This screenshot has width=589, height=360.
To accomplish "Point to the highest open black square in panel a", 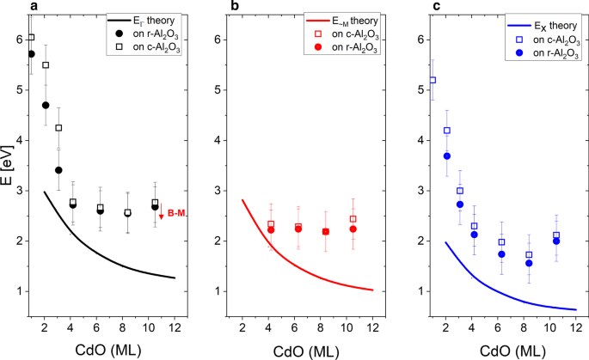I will [x=31, y=38].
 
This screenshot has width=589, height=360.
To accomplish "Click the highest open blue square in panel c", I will [x=433, y=80].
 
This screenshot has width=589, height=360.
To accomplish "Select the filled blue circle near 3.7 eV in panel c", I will [x=447, y=156].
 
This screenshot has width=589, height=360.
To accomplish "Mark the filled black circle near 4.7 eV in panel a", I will [x=46, y=105].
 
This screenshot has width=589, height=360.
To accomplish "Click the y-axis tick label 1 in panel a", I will [x=18, y=291].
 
